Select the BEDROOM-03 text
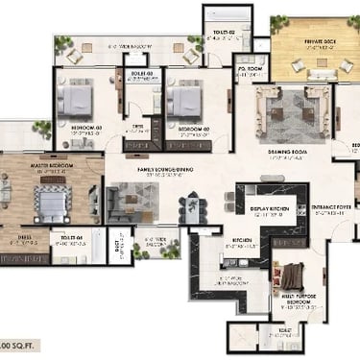85,128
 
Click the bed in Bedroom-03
75,99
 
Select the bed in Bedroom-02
182,99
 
